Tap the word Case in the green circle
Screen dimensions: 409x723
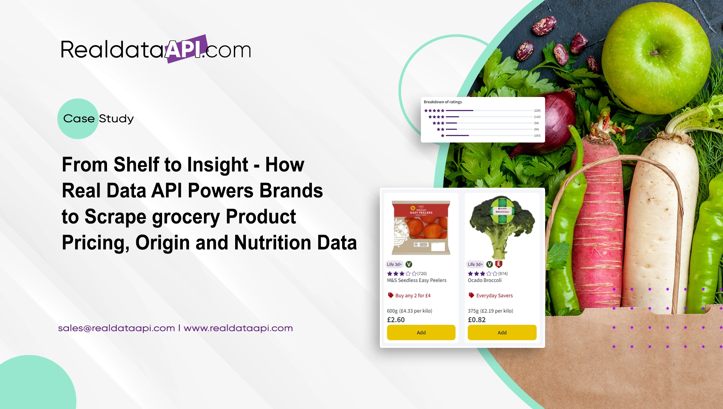(x=79, y=119)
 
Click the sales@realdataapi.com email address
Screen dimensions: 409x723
(x=116, y=328)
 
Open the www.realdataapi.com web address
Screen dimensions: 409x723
(x=238, y=328)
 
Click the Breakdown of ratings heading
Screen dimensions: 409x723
(x=443, y=102)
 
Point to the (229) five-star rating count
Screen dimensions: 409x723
(x=537, y=111)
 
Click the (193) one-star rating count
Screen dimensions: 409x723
(x=537, y=136)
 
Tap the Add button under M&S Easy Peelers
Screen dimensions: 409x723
(x=421, y=333)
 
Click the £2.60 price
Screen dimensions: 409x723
(x=396, y=320)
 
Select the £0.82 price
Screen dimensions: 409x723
(x=476, y=320)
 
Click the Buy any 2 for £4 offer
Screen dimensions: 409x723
(x=412, y=295)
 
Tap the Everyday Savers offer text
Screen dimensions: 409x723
(x=494, y=295)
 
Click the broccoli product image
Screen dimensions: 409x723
(x=502, y=226)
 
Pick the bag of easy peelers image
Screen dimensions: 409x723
(x=421, y=227)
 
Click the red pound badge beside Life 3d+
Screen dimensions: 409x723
(x=499, y=264)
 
